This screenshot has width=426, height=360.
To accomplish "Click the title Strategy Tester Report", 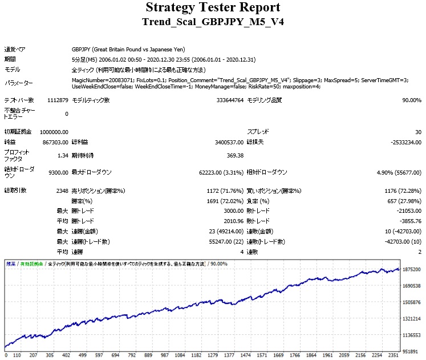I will (213, 7).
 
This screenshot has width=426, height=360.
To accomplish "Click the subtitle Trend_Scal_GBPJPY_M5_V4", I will (213, 22).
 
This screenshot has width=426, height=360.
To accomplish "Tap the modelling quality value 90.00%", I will (411, 100).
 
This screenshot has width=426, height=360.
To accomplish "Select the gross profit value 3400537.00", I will (226, 142).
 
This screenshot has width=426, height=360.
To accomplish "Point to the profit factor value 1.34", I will (63, 155).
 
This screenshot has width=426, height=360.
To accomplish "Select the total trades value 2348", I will (61, 191).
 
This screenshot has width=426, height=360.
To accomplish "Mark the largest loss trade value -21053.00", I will (407, 211).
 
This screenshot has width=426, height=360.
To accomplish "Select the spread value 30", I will (418, 132).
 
